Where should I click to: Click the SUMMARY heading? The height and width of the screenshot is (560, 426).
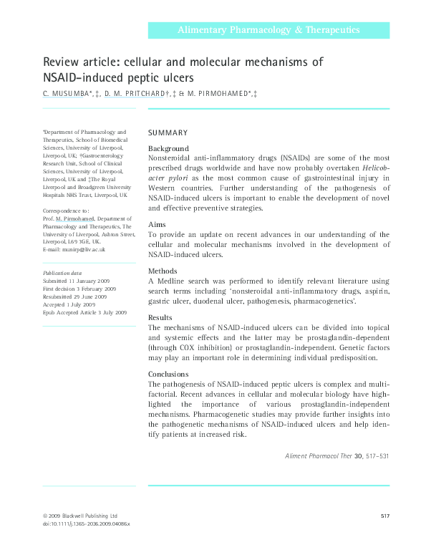pos(168,133)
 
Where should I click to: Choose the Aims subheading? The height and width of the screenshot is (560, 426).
pos(157,224)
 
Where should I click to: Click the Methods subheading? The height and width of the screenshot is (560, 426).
pos(164,271)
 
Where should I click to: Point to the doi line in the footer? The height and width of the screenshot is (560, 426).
pos(82,524)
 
